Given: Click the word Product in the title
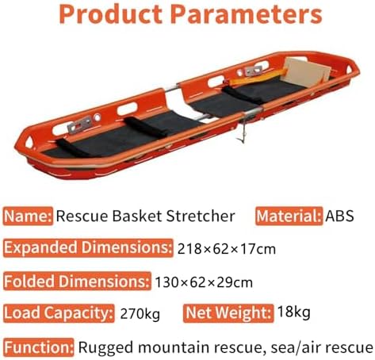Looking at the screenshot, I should point(111,15).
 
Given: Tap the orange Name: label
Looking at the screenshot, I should point(28,216).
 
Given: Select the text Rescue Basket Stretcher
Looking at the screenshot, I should point(146,216).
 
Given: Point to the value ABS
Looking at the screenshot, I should point(339,216).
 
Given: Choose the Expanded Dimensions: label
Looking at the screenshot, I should point(87,248).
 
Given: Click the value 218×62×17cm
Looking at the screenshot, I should point(226,249).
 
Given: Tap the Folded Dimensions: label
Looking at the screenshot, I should point(76,281).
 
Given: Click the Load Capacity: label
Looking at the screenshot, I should point(58,313).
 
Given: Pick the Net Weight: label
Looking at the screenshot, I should point(228,313).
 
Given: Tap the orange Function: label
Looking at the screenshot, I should point(39,347).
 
